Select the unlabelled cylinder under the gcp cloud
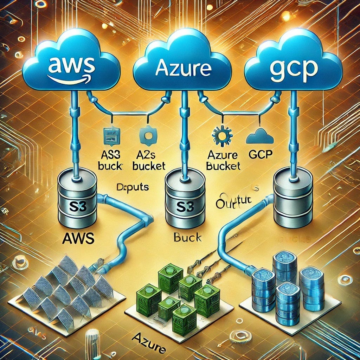pyautogui.click(x=293, y=197)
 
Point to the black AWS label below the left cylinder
pyautogui.click(x=78, y=239)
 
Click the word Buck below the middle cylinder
pyautogui.click(x=188, y=238)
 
